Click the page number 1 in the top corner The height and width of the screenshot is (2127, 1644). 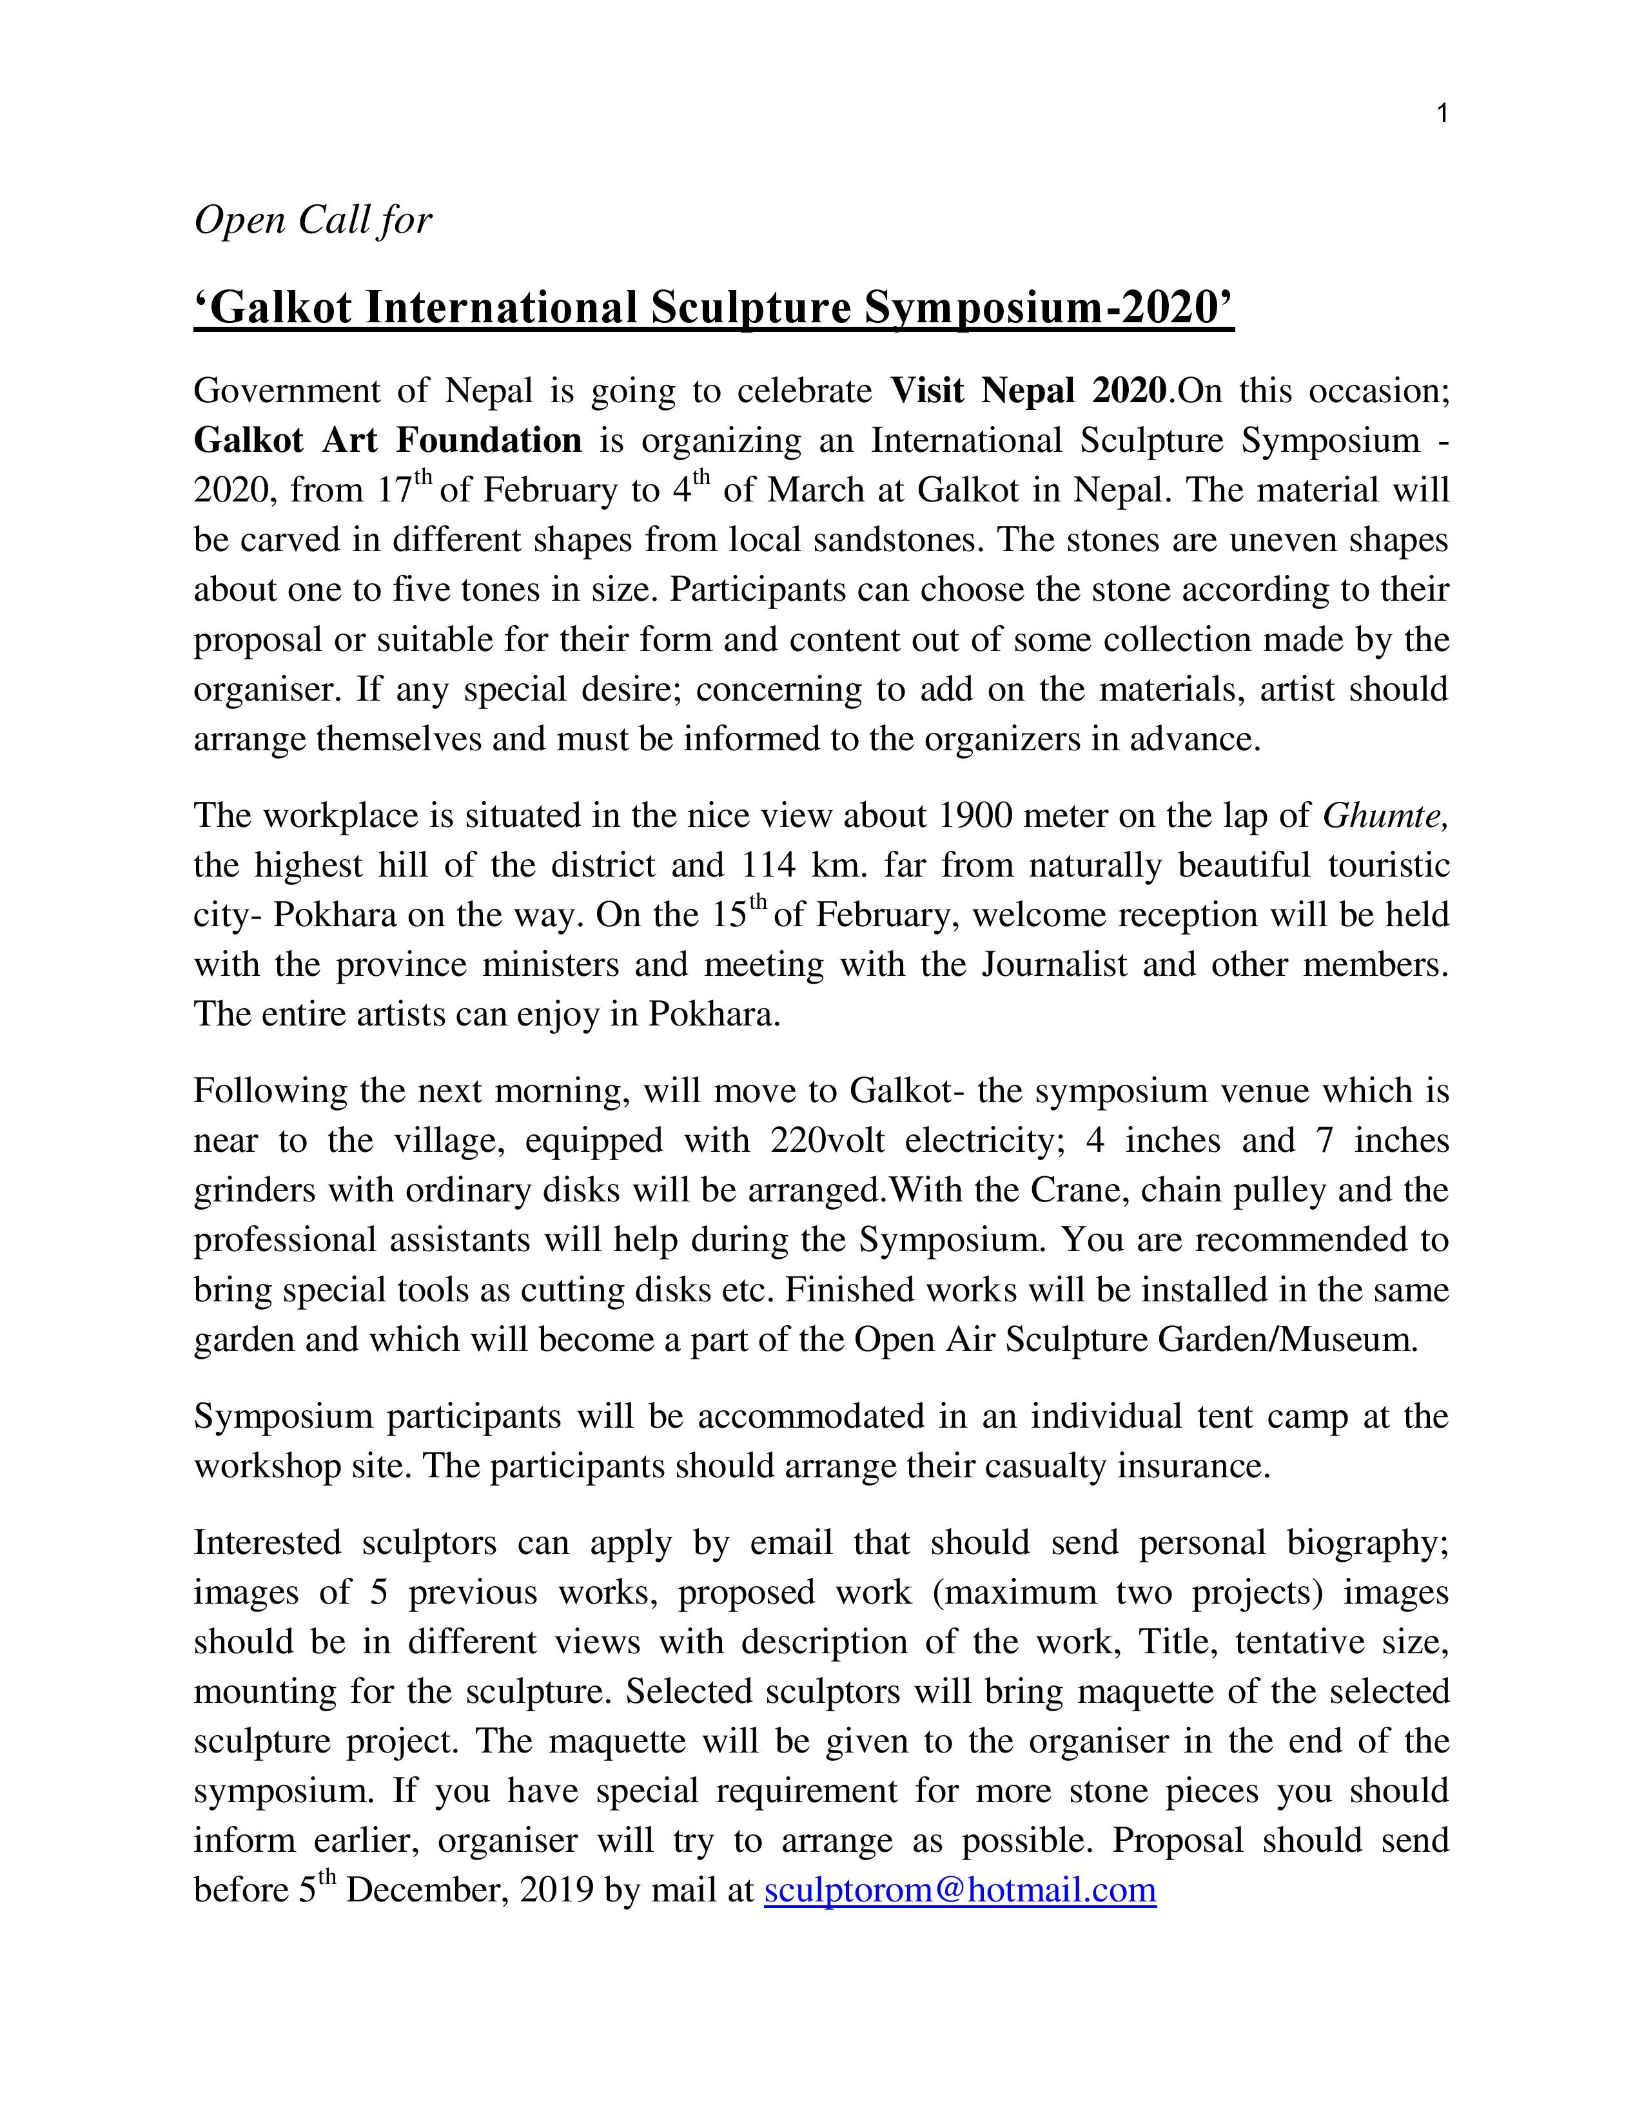coord(1442,114)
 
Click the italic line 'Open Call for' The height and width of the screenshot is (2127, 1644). coord(313,220)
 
